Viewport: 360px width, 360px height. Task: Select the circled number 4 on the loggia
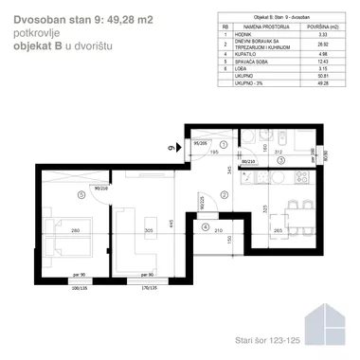(206, 226)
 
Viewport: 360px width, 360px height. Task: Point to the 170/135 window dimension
(147, 284)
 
